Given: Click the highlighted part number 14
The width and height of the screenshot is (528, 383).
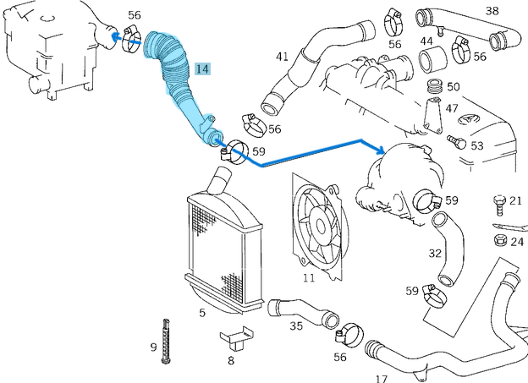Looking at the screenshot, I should click(x=202, y=69).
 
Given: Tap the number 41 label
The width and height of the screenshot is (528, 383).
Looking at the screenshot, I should click(x=283, y=57).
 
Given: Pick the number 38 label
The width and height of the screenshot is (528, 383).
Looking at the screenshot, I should click(x=492, y=11).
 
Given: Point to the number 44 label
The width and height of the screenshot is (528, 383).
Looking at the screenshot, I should click(x=426, y=41).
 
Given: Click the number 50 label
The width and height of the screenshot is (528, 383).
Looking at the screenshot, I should click(x=453, y=86).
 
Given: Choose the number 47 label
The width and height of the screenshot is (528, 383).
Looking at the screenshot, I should click(x=452, y=109).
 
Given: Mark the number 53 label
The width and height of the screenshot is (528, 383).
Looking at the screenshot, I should click(x=476, y=145).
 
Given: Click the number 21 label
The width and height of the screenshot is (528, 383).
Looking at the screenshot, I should click(x=514, y=200).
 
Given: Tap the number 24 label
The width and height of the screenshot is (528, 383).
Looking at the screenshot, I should click(x=516, y=242).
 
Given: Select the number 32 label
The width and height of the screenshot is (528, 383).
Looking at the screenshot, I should click(x=435, y=253).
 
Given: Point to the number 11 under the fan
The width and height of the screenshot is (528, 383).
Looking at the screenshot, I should click(x=308, y=276).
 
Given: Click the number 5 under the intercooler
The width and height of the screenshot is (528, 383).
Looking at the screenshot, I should click(x=202, y=313).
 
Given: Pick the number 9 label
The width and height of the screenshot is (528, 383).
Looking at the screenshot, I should click(x=153, y=347).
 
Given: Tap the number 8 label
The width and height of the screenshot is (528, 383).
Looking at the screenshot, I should click(x=230, y=360).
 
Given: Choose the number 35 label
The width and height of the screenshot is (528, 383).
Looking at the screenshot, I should click(x=296, y=326).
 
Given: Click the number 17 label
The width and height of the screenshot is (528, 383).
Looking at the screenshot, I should click(x=382, y=379).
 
